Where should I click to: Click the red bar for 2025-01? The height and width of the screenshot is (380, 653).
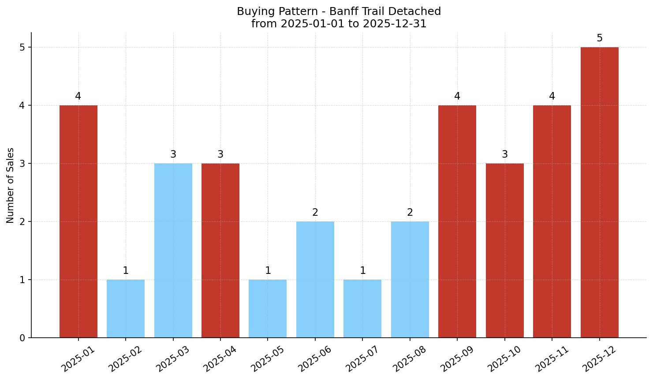(78, 221)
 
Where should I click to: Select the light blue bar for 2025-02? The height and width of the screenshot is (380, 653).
(126, 308)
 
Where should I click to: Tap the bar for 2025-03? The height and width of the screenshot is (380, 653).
(173, 250)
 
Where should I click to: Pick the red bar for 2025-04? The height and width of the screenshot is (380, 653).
(220, 250)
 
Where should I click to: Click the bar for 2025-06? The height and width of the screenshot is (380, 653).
(315, 279)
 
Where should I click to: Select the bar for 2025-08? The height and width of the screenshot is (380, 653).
(410, 279)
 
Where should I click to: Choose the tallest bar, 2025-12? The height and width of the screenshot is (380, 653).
(599, 192)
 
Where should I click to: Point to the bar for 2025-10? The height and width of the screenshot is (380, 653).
(505, 250)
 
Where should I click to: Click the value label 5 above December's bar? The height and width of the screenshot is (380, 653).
(599, 38)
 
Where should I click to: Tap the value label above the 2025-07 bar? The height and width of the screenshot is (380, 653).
(362, 271)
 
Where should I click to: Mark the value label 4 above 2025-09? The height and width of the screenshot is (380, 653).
(457, 96)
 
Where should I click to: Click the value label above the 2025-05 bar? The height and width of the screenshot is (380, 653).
(268, 271)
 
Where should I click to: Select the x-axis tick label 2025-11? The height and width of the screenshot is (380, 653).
(552, 359)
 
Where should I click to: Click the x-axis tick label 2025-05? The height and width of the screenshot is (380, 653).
(267, 359)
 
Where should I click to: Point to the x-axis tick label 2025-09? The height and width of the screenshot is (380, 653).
(457, 359)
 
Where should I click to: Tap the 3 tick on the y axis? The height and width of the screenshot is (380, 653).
(22, 164)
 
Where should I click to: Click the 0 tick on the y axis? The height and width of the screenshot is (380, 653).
(22, 338)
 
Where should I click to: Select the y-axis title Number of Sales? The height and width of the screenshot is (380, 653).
(11, 185)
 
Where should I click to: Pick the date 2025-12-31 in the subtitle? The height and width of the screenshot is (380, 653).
(395, 24)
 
